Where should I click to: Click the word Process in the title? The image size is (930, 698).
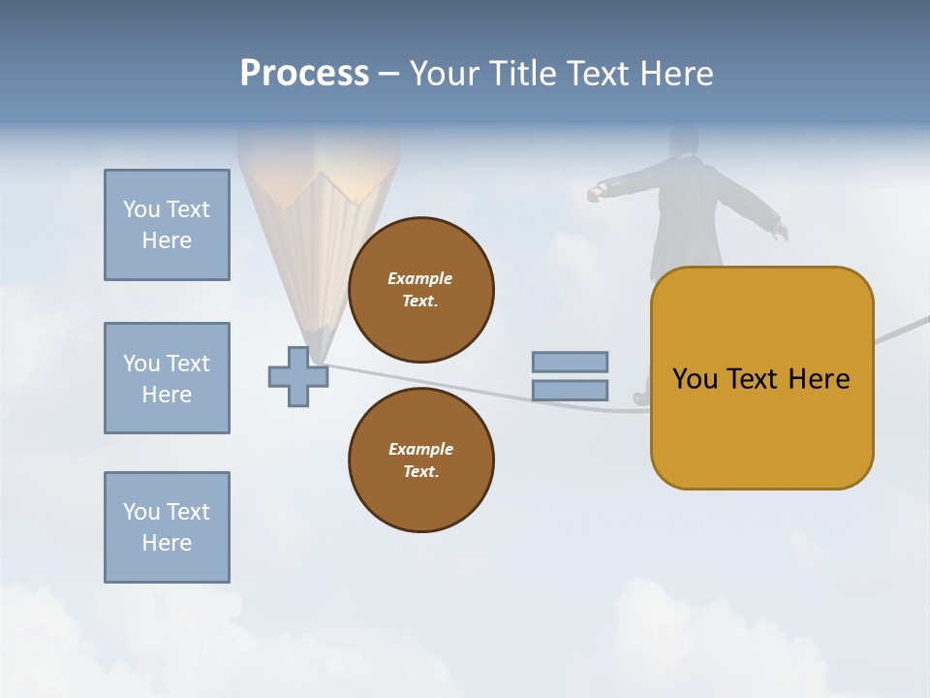[x=304, y=73]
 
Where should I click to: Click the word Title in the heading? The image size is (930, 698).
[x=520, y=73]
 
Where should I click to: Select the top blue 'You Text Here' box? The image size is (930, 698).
[x=167, y=225]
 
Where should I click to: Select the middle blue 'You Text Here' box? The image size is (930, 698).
[x=167, y=378]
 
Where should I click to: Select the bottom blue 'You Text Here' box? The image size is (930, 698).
[x=167, y=527]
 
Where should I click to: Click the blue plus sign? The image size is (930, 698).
[x=298, y=377]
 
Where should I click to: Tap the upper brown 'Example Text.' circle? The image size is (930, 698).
[x=420, y=290]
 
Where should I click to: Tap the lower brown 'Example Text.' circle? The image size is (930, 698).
[x=420, y=460]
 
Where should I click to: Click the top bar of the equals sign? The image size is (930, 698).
[x=570, y=362]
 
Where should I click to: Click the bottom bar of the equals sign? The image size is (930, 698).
[x=570, y=391]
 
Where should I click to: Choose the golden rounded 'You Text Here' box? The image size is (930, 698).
[x=761, y=378]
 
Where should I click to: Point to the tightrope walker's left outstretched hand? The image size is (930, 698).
[x=594, y=194]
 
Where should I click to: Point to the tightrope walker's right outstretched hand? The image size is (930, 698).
[x=781, y=231]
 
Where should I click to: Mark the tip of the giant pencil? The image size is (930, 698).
[x=319, y=359]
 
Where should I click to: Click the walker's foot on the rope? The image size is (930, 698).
[x=641, y=397]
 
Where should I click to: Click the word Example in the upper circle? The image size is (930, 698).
[x=420, y=278]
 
